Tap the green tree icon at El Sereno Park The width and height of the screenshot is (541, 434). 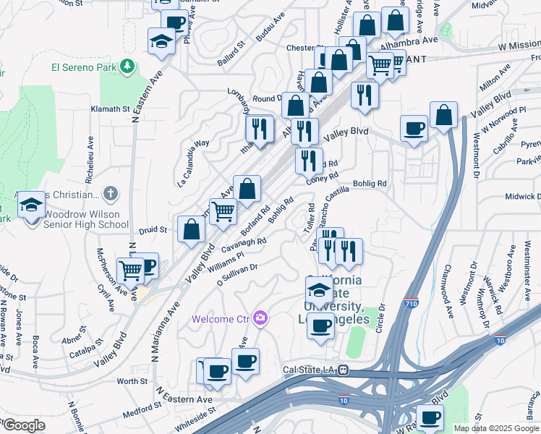pyautogui.click(x=128, y=67)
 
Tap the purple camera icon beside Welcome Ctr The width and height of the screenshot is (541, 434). pyautogui.click(x=260, y=318)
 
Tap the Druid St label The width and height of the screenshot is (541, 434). pyautogui.click(x=153, y=230)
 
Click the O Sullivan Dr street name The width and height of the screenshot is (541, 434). pyautogui.click(x=238, y=276)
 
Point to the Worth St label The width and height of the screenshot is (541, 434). pyautogui.click(x=132, y=381)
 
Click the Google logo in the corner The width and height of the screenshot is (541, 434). pyautogui.click(x=23, y=425)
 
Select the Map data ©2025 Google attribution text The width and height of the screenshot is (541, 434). pyautogui.click(x=496, y=428)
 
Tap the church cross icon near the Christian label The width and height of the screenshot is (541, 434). pyautogui.click(x=110, y=194)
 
